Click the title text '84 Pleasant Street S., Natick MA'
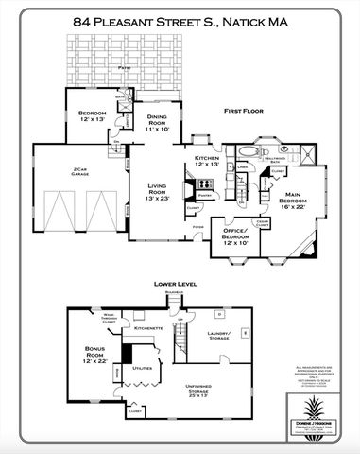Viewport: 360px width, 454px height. tap(180, 18)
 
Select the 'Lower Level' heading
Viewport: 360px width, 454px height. tap(175, 284)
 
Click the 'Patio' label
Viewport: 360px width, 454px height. tap(124, 67)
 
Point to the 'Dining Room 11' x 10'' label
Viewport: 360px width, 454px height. tap(156, 122)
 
